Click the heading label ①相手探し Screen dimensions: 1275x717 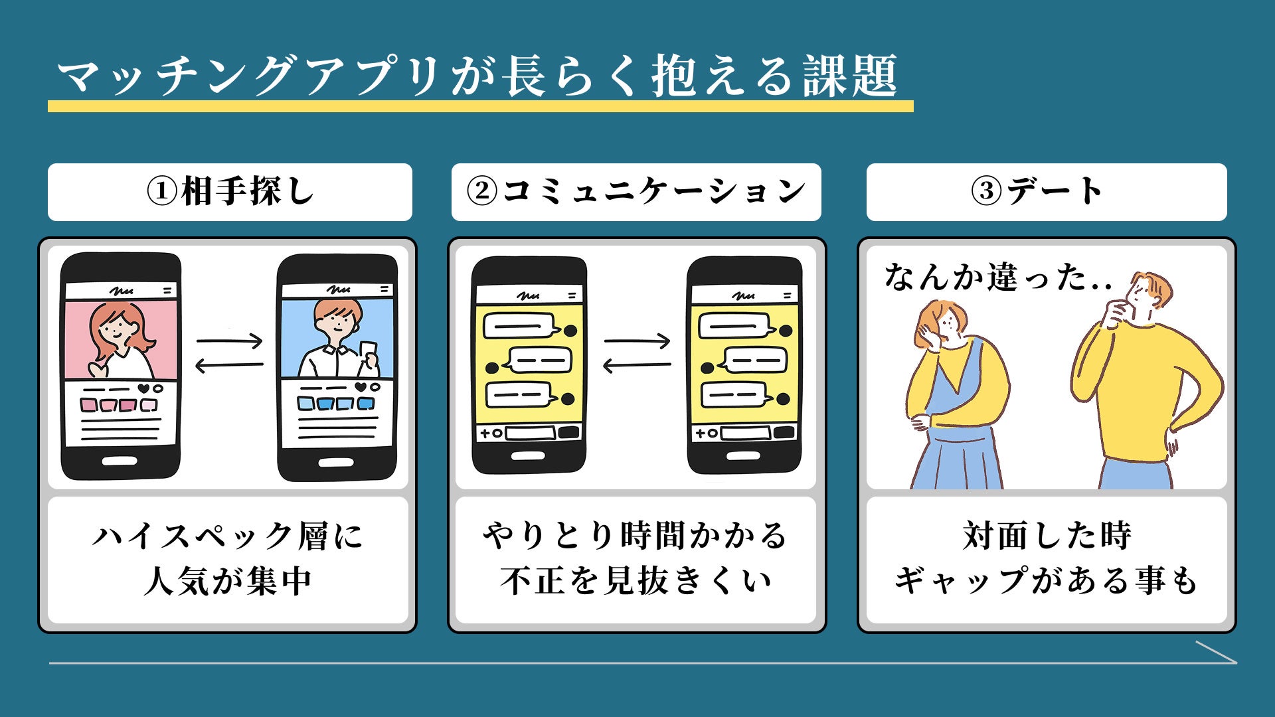230,192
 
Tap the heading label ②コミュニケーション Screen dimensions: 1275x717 636,192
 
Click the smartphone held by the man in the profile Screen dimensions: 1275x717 367,352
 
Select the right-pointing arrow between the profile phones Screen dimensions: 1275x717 230,342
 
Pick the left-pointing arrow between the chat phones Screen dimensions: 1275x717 636,365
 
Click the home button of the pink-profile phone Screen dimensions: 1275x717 121,460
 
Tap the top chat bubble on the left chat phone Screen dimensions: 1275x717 519,327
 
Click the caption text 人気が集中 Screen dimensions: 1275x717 228,582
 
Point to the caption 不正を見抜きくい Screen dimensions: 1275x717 636,582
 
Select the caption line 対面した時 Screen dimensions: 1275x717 1047,535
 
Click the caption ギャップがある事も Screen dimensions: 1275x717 1047,582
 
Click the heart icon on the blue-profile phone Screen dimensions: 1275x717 360,387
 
